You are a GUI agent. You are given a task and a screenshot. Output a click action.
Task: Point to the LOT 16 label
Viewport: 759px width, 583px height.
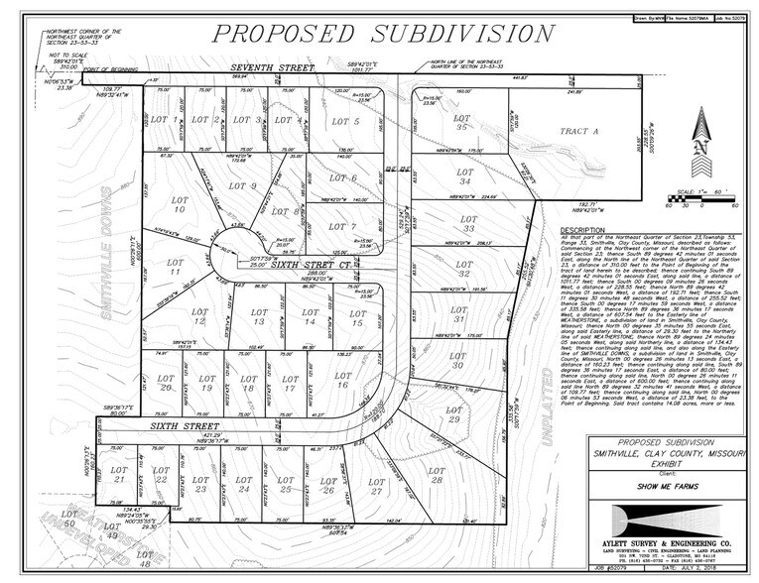(343, 380)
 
